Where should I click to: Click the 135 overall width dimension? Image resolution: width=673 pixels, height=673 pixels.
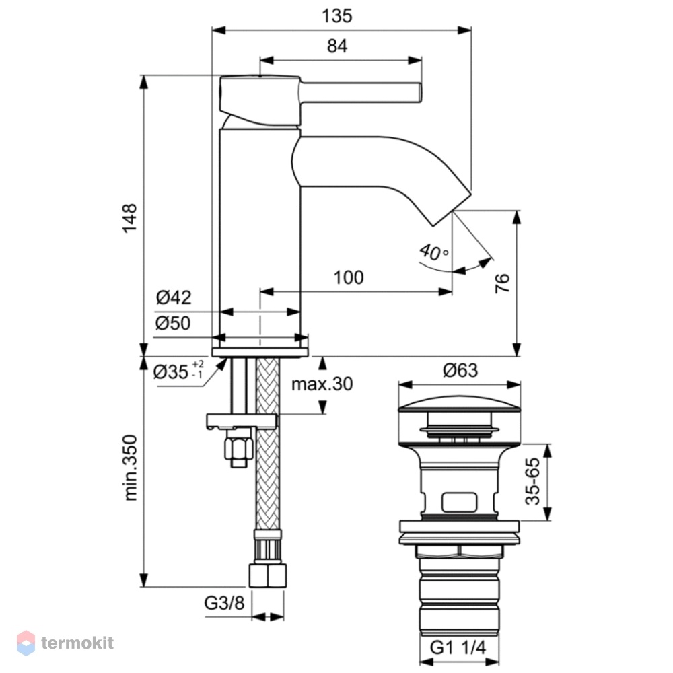point(337,16)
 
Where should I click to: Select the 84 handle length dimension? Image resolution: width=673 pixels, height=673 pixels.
point(337,46)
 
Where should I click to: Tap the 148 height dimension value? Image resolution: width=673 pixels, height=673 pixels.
point(130,218)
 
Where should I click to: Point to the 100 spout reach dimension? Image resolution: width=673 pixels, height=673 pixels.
point(349,277)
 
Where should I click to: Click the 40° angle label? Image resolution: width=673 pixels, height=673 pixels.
point(434,252)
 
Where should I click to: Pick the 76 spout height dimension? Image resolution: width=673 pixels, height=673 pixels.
point(502,283)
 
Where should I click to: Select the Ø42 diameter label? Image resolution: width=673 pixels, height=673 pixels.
point(174,297)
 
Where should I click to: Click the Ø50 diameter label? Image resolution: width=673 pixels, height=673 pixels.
point(173,323)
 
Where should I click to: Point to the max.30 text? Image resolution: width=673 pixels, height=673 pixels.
point(322,384)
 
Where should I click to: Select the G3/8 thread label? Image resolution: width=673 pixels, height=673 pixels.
point(224,603)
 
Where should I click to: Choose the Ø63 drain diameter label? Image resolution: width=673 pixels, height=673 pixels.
point(460,370)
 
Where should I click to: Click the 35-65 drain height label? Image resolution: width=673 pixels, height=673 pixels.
point(532,482)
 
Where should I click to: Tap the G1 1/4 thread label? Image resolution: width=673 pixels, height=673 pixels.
point(458,647)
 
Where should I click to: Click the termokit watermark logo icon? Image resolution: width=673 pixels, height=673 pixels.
point(26,643)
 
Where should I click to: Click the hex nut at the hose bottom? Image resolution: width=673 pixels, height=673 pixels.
point(267,575)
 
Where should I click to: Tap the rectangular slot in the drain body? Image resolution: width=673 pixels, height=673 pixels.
point(459,502)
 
